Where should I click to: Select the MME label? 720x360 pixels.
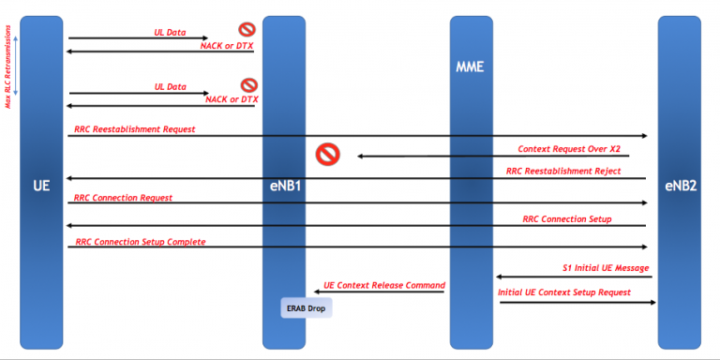[x=470, y=68]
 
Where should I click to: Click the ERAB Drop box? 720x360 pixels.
[x=307, y=307]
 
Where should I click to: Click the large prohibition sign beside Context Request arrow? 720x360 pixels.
[x=326, y=154]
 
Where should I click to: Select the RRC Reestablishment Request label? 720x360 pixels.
[x=135, y=128]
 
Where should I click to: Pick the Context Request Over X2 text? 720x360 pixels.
[x=569, y=148]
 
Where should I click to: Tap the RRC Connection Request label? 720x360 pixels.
[x=124, y=198]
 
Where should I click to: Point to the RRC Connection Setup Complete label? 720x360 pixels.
[x=140, y=242]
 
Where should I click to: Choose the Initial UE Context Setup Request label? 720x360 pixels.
[x=564, y=292]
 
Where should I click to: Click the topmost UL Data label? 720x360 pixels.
[x=170, y=32]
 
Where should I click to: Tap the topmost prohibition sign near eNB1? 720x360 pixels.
[x=247, y=30]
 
